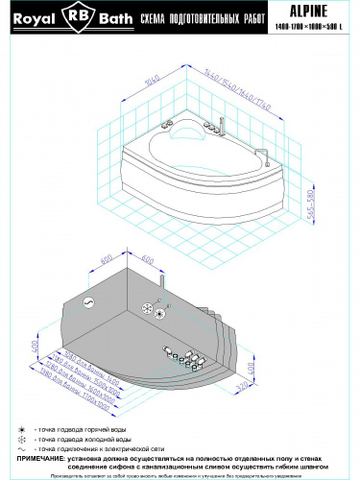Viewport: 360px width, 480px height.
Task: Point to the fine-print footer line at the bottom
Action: pos(180,475)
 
